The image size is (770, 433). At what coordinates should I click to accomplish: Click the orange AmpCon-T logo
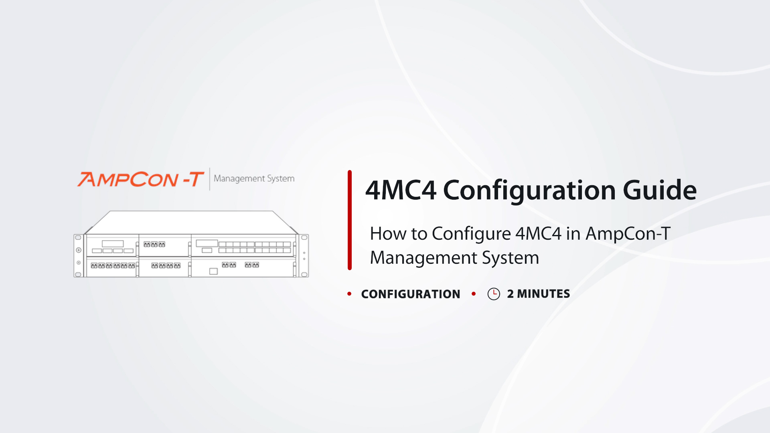(141, 179)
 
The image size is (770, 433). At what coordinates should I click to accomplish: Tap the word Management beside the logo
(239, 179)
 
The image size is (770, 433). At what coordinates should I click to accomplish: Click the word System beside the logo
(281, 179)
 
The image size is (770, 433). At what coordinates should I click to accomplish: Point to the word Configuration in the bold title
(529, 191)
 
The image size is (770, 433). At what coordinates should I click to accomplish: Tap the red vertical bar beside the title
(350, 220)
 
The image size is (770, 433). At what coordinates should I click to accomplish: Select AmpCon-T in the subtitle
(628, 233)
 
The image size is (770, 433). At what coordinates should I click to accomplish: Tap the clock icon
(494, 294)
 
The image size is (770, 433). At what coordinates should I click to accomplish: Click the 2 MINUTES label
(538, 294)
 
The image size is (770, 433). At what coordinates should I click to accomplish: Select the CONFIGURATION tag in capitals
(411, 294)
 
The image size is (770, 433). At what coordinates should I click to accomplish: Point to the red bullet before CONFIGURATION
(349, 294)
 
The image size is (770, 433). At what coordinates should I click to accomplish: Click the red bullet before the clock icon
(474, 294)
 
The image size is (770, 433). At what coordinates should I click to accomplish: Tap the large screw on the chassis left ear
(79, 250)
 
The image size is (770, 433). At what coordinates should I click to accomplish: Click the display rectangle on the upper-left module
(113, 244)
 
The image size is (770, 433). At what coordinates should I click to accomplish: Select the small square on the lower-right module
(213, 271)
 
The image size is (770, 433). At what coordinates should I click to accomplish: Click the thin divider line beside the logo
(209, 179)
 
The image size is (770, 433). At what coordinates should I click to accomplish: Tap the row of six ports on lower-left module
(113, 266)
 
